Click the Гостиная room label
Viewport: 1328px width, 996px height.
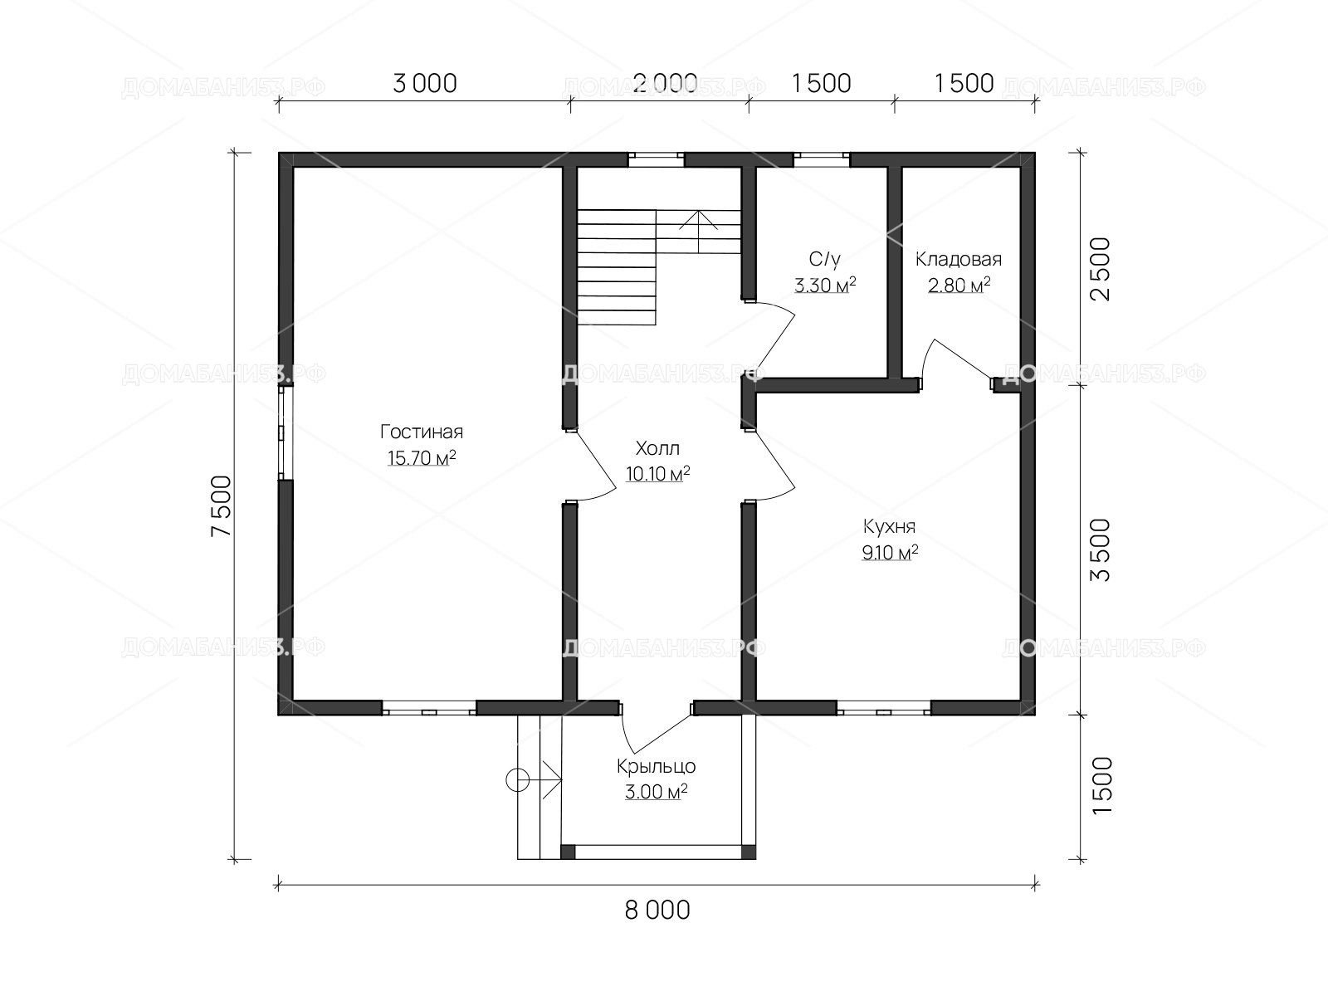tap(422, 432)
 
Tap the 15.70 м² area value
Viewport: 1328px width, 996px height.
tap(422, 458)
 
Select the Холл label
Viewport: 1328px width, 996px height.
tap(657, 448)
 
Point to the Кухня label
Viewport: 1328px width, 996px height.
tap(890, 527)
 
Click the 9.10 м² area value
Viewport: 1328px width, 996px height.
tap(890, 552)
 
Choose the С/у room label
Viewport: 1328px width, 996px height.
tap(825, 260)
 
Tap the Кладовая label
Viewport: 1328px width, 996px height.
tap(959, 260)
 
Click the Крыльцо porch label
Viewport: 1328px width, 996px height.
tap(657, 766)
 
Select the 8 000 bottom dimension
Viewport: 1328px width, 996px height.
tap(657, 910)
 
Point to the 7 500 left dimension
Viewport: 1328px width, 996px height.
tap(222, 505)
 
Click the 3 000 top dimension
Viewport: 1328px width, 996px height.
tap(425, 84)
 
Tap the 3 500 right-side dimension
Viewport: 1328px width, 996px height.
tap(1101, 549)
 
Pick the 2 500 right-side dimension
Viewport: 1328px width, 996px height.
tap(1101, 269)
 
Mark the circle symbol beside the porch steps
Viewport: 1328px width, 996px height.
tap(517, 780)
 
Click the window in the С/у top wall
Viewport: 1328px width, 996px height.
tap(822, 159)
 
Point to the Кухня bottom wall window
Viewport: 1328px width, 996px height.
tap(884, 708)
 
